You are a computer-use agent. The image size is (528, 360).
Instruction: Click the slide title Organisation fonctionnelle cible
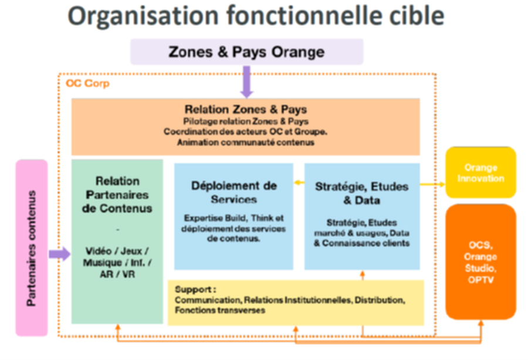(x=256, y=16)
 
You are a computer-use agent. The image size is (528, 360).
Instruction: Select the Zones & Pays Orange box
(x=246, y=52)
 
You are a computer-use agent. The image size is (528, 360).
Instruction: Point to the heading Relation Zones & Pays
(x=245, y=109)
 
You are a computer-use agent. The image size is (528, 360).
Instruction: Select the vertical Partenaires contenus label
(x=32, y=247)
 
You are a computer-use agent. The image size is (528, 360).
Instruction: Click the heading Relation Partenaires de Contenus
(x=117, y=194)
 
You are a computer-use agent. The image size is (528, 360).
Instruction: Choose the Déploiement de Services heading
(x=233, y=192)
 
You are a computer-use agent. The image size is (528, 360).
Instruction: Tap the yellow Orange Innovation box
(x=480, y=172)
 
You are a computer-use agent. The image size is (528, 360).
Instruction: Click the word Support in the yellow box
(x=191, y=290)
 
